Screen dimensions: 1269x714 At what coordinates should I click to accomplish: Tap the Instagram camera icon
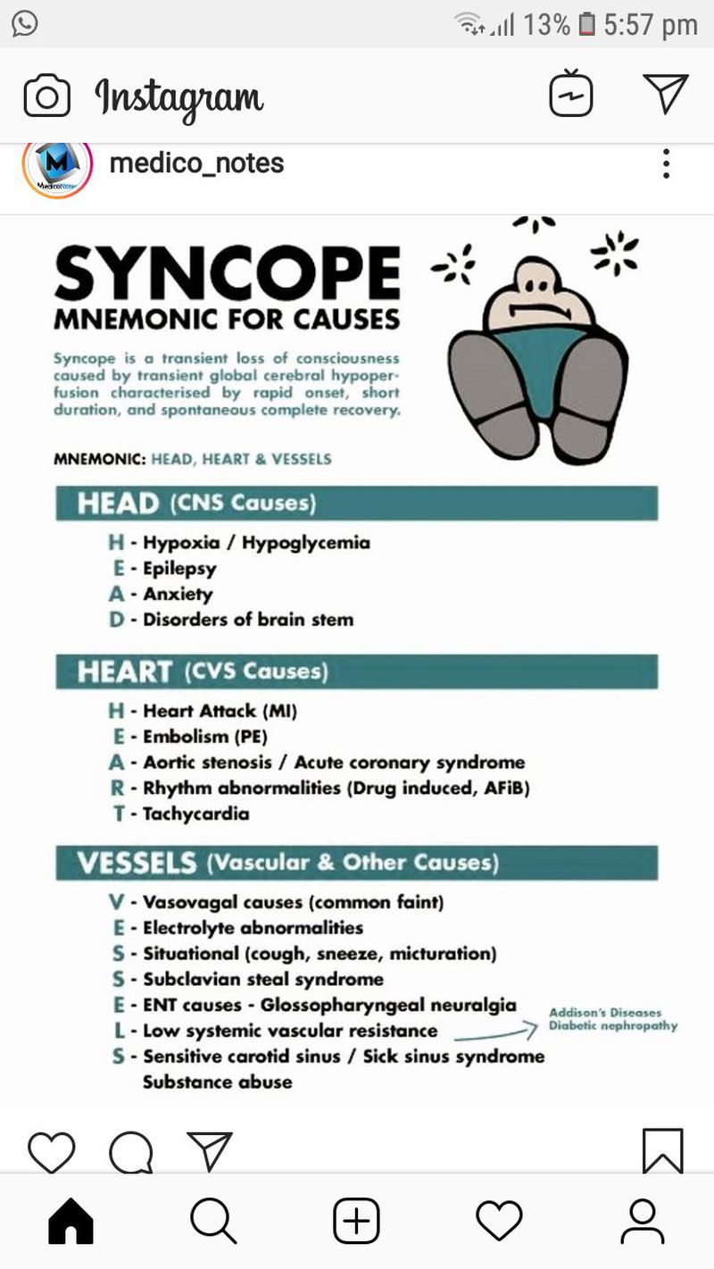tap(47, 96)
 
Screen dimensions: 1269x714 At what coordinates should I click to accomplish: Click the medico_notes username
tap(195, 163)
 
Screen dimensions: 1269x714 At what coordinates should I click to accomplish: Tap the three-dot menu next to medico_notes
tap(666, 163)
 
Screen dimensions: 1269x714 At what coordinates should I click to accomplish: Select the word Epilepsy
tap(179, 568)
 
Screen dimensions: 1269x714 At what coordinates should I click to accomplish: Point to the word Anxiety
tap(178, 594)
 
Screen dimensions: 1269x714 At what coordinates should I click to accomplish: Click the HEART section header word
tap(124, 672)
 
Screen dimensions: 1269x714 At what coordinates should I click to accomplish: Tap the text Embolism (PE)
tap(204, 737)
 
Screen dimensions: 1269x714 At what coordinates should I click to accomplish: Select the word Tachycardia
tap(195, 814)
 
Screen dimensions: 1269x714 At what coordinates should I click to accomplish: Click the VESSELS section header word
tap(136, 863)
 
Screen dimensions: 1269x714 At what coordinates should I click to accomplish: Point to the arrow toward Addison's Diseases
tap(494, 1033)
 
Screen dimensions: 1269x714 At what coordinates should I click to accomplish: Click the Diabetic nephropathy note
tap(612, 1026)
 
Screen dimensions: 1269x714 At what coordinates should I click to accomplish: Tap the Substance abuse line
tap(217, 1081)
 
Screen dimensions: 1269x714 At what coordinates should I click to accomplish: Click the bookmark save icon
tap(663, 1150)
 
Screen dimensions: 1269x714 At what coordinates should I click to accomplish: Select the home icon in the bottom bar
tap(71, 1221)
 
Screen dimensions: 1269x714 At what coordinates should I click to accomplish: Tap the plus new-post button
tap(356, 1221)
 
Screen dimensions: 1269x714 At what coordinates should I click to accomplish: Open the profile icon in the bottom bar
tap(642, 1221)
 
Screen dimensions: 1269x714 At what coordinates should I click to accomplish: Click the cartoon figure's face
tap(533, 293)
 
